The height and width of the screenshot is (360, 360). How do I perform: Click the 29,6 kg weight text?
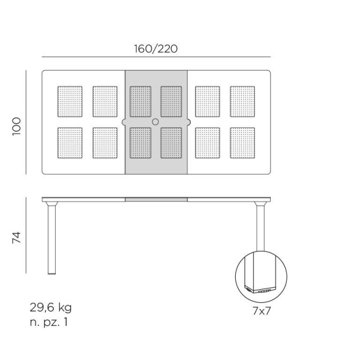[51, 308]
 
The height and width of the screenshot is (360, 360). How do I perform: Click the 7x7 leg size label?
[261, 311]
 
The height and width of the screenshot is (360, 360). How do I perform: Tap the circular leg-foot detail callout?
[261, 277]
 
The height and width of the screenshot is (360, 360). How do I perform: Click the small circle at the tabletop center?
[156, 122]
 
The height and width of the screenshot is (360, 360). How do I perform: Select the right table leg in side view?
[261, 228]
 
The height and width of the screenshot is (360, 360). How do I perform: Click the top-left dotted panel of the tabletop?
[70, 101]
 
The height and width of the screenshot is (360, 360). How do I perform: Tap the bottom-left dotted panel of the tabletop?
[70, 143]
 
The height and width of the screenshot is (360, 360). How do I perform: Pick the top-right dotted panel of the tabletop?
[242, 101]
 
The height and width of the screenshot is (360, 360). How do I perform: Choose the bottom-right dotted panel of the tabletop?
[242, 143]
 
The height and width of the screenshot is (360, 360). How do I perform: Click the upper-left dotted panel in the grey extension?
[140, 101]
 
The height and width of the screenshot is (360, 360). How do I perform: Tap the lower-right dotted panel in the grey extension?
[171, 143]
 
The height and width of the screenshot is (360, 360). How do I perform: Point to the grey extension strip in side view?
[156, 199]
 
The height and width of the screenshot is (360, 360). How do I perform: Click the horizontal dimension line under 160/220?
[156, 57]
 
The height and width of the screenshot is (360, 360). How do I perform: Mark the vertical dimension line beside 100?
[27, 123]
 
